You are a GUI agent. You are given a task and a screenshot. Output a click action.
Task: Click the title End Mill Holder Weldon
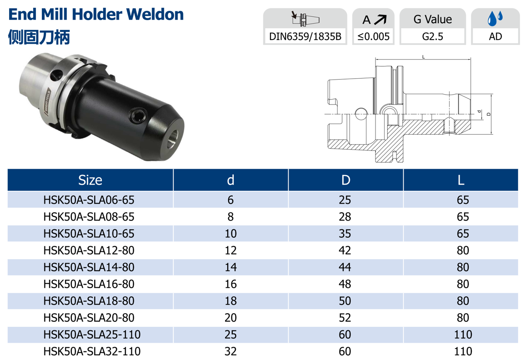coord(96,15)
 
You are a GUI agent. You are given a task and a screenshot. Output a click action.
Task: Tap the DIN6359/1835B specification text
coord(305,36)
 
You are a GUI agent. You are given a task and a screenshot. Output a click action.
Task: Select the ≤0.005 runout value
coord(374,36)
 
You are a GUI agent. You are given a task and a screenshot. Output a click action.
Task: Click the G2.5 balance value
coord(432,36)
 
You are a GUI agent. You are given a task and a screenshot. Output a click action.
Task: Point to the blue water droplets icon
coord(495,19)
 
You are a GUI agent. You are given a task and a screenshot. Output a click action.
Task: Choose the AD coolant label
coord(495,36)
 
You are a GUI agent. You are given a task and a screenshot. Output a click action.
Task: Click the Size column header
coord(90,180)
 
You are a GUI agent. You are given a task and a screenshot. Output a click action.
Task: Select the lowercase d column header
coord(230,180)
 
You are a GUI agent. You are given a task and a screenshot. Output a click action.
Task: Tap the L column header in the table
coord(461,180)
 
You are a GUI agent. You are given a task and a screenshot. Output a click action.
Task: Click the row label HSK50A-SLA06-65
coord(89,200)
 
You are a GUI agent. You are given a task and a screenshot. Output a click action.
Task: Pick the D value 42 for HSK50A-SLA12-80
coord(345,250)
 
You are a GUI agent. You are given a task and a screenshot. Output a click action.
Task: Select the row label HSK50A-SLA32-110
coord(92,351)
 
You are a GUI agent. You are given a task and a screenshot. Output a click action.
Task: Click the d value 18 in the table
coord(230,301)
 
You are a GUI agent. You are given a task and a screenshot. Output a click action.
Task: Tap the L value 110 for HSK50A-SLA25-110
coord(463,335)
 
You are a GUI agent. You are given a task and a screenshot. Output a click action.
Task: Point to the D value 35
coord(345,234)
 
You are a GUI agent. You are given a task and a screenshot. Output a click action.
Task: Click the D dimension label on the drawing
coord(488,114)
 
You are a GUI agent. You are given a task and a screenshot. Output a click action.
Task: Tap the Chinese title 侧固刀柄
coord(39,37)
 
